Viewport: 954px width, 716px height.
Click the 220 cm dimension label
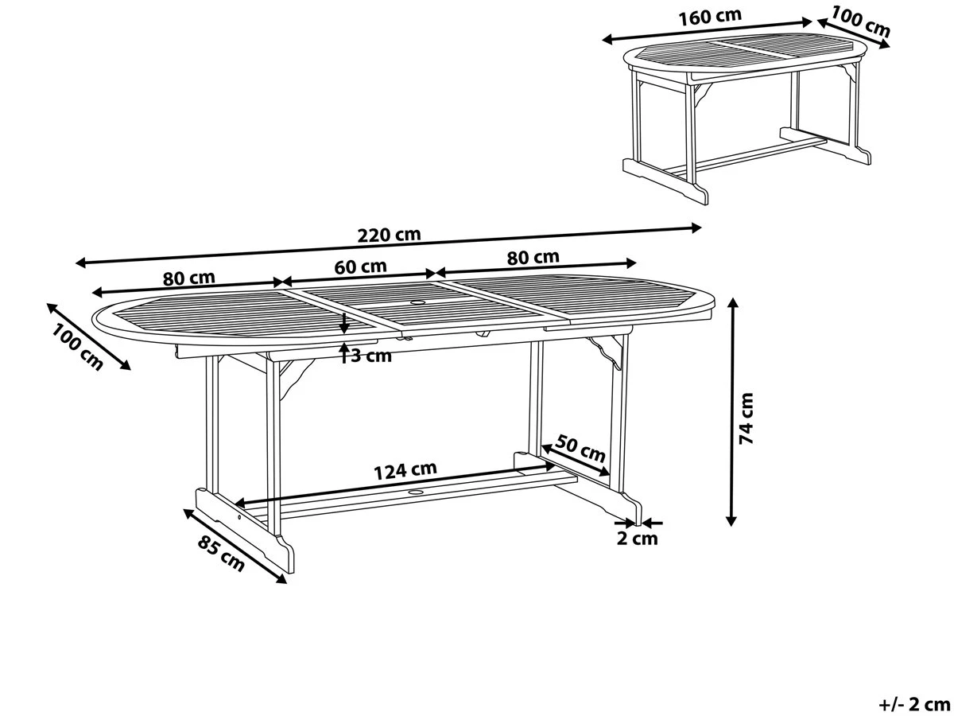389,235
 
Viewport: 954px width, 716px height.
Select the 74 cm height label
747,417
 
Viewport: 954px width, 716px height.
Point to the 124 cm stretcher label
405,470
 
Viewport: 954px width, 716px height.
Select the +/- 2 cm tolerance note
914,703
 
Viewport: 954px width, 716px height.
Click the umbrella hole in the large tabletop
417,302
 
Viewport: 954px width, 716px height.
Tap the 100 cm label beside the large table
78,348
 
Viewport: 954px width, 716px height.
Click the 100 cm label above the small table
861,21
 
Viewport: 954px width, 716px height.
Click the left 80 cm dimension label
189,278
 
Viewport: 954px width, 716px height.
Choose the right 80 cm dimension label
533,257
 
